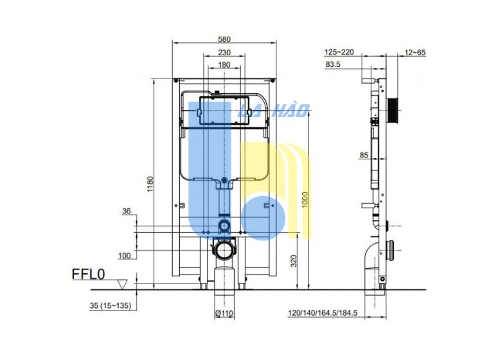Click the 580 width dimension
224,39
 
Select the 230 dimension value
224,53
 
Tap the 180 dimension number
224,65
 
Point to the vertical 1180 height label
150,184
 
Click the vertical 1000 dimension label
305,199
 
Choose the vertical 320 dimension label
294,261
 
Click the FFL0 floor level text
89,274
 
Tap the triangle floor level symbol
123,284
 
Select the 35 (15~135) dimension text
111,305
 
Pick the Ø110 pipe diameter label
224,314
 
